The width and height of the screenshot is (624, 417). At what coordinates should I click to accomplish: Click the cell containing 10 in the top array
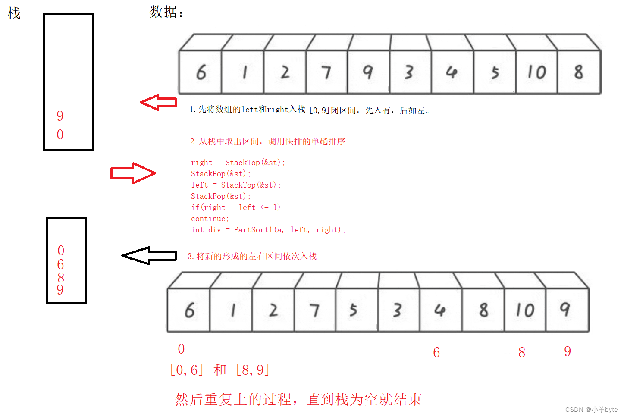pyautogui.click(x=536, y=72)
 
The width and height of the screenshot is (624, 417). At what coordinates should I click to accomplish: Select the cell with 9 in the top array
pyautogui.click(x=368, y=72)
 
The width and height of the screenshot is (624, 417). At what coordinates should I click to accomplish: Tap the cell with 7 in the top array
pyautogui.click(x=326, y=72)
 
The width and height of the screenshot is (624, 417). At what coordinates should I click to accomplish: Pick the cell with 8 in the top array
pyautogui.click(x=579, y=72)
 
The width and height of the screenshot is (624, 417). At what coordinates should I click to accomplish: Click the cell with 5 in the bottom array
pyautogui.click(x=354, y=310)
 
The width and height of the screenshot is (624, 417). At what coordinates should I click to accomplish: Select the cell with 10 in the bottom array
pyautogui.click(x=525, y=310)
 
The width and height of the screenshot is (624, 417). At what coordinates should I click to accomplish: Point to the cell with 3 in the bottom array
pyautogui.click(x=397, y=310)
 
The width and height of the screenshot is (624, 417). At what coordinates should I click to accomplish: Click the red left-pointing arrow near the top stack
pyautogui.click(x=158, y=102)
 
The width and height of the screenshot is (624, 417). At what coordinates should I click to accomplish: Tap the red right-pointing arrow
pyautogui.click(x=133, y=173)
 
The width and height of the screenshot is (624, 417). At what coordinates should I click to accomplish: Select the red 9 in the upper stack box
pyautogui.click(x=60, y=116)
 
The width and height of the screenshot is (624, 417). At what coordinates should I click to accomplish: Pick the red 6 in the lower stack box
pyautogui.click(x=60, y=264)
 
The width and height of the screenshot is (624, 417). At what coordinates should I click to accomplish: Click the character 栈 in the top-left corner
pyautogui.click(x=14, y=13)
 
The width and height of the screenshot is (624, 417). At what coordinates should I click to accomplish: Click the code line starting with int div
pyautogui.click(x=268, y=230)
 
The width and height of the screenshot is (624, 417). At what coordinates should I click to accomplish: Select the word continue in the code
pyautogui.click(x=210, y=219)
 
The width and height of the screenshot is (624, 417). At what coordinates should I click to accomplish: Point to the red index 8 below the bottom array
pyautogui.click(x=522, y=352)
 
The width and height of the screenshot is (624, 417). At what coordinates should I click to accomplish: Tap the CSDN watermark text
pyautogui.click(x=591, y=409)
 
